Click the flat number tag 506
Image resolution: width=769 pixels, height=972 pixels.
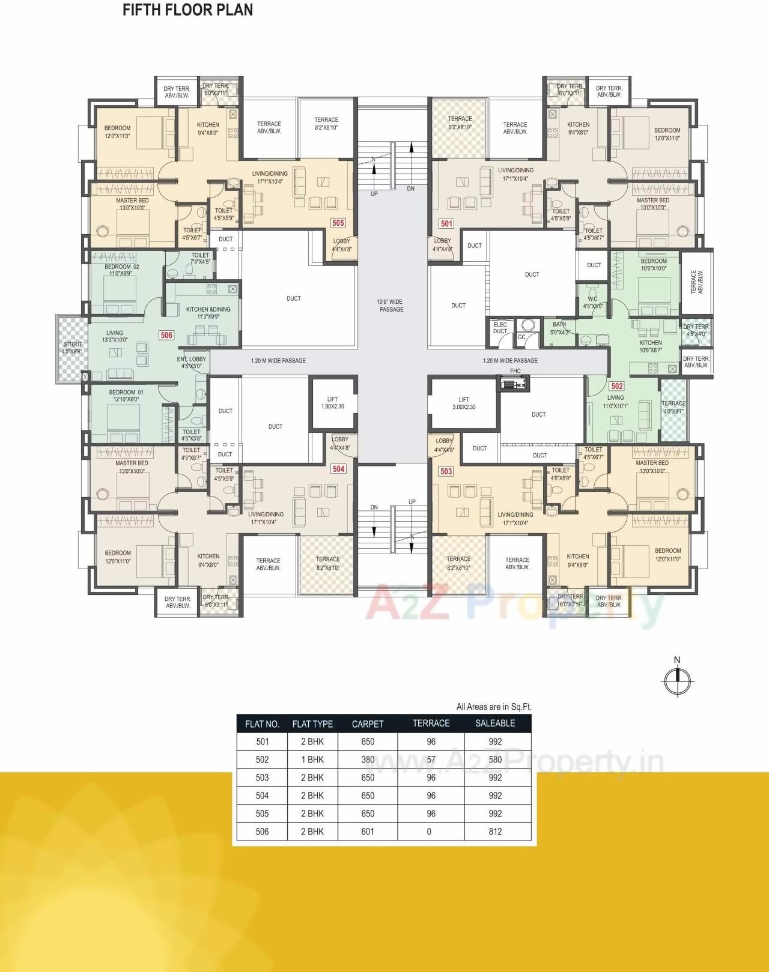coord(166,335)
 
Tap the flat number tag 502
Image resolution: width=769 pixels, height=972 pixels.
coord(616,386)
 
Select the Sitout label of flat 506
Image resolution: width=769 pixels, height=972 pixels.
coord(73,348)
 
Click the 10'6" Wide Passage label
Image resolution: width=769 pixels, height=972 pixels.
coord(391,306)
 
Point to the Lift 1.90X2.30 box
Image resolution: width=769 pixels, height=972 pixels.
coord(332,403)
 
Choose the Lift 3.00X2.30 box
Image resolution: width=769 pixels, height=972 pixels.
coord(463,403)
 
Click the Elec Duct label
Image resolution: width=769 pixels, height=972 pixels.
coord(500,328)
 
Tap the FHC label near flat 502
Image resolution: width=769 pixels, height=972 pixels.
coord(515,371)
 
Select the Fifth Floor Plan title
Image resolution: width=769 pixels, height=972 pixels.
coord(187,10)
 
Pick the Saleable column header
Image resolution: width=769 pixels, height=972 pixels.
coord(495,723)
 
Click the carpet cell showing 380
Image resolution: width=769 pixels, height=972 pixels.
coord(368,759)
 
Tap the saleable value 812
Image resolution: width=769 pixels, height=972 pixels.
coord(495,832)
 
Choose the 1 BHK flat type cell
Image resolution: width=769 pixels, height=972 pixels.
coord(312,759)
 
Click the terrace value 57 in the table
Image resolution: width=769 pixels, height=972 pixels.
coord(431,759)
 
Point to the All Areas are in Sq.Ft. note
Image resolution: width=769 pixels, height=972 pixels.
coord(494,707)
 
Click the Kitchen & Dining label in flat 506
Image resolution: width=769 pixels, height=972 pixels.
coord(208,313)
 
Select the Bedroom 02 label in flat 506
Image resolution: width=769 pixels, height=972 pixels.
coord(121,270)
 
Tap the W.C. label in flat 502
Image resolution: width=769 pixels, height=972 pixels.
coord(593,302)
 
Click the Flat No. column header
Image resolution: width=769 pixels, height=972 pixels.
coord(262,724)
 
